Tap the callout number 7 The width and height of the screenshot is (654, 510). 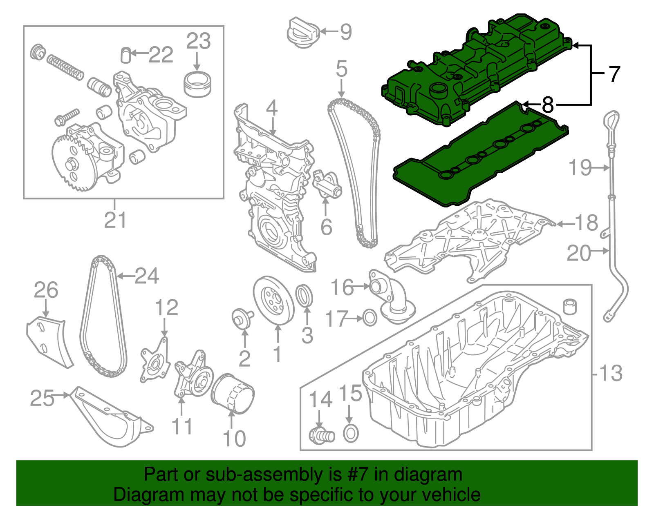[614, 74]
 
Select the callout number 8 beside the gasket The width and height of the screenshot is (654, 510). [547, 105]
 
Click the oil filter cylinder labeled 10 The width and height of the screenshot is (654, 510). [232, 394]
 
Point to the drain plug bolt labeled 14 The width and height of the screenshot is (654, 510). [321, 435]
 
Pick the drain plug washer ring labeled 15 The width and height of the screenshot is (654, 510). [351, 433]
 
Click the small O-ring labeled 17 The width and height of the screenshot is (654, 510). [370, 318]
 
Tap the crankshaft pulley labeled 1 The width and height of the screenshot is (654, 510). [273, 301]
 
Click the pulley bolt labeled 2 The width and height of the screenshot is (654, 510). [241, 318]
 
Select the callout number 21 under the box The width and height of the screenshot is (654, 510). [115, 220]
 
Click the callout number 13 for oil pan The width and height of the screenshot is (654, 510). [610, 373]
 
